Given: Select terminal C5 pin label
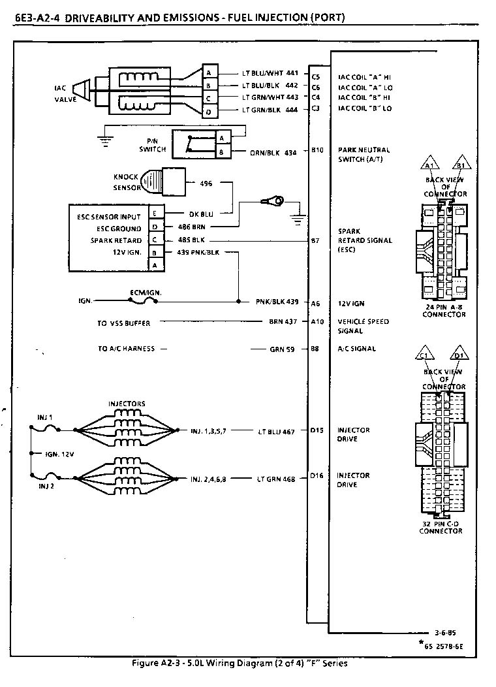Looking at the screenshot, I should [315, 76].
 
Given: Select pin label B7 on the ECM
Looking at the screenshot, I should [315, 240].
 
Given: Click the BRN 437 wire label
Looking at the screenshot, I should [283, 322].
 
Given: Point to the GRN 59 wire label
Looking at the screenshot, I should [282, 349].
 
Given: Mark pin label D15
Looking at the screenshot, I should [317, 430].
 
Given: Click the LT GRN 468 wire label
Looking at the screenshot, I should [276, 479].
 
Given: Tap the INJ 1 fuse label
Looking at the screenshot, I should [45, 417].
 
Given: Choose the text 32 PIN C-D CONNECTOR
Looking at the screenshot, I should [441, 527].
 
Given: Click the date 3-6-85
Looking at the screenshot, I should [445, 633].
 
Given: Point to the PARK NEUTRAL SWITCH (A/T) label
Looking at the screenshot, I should [364, 154].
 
